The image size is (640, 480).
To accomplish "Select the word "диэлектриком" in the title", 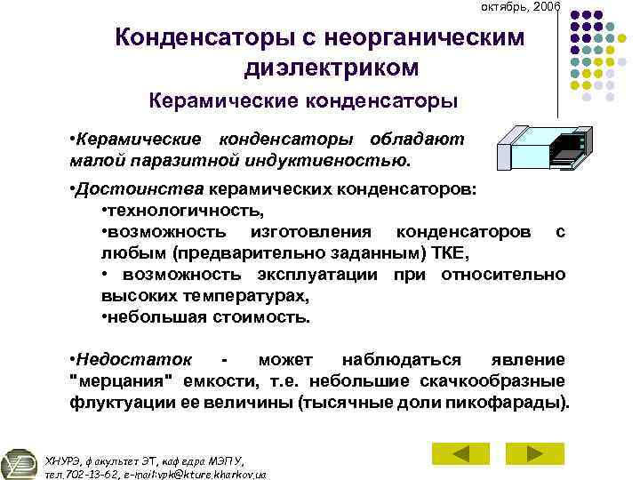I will pyautogui.click(x=330, y=67).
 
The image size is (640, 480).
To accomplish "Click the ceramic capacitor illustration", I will pyautogui.click(x=542, y=148).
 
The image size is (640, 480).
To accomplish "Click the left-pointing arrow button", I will pyautogui.click(x=460, y=453).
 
